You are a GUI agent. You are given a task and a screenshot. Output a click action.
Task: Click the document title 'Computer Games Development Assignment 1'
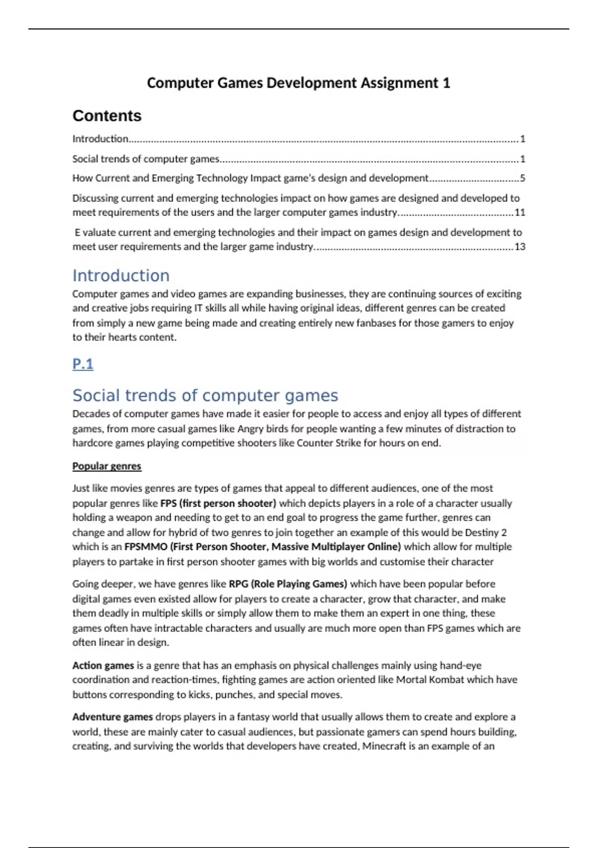tap(298, 83)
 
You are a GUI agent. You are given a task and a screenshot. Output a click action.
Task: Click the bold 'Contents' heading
tap(107, 116)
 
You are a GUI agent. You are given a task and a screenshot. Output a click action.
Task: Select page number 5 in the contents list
tap(522, 178)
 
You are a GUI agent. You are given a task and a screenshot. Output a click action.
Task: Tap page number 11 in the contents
tap(520, 212)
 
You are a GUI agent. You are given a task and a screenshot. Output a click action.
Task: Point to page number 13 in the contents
tap(520, 246)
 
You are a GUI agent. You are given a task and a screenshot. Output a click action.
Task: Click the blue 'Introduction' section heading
tap(121, 275)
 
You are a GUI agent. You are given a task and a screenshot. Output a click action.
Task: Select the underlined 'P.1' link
tap(83, 364)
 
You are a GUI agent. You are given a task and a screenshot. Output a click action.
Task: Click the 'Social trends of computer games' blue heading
tap(205, 395)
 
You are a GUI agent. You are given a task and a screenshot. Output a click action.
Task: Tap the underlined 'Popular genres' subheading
tap(107, 466)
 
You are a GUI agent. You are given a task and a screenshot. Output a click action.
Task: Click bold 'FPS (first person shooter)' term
tap(218, 503)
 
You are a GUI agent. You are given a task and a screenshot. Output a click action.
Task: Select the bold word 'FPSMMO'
tap(146, 547)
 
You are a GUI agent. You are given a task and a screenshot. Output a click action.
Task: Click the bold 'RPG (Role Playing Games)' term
tap(288, 584)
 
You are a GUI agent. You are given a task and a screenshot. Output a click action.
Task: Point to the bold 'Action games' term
tap(103, 665)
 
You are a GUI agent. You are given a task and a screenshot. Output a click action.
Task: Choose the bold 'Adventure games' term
tap(112, 717)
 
